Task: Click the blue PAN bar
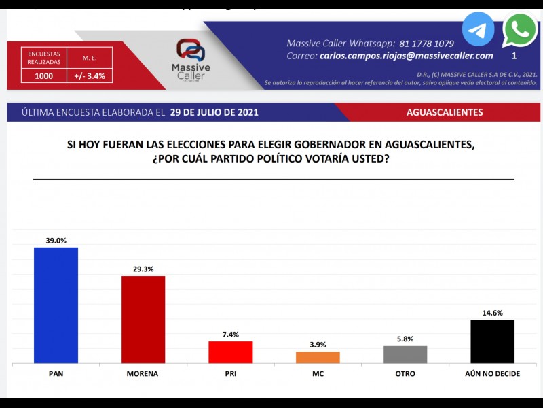(56, 306)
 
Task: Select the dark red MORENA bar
(143, 320)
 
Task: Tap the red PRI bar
(230, 352)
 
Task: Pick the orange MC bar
(318, 357)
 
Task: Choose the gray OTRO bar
(405, 354)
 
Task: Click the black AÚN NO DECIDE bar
(492, 341)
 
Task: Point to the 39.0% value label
(56, 240)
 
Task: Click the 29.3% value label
(143, 269)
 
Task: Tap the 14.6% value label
(492, 313)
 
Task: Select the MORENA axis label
(143, 375)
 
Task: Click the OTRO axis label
(405, 375)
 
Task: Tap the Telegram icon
(479, 29)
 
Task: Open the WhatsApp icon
(520, 29)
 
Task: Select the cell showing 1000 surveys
(43, 76)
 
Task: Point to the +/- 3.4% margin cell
(90, 76)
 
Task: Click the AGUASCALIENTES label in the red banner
(445, 112)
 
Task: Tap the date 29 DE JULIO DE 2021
(214, 112)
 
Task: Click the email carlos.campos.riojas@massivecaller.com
(406, 56)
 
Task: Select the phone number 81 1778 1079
(427, 43)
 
